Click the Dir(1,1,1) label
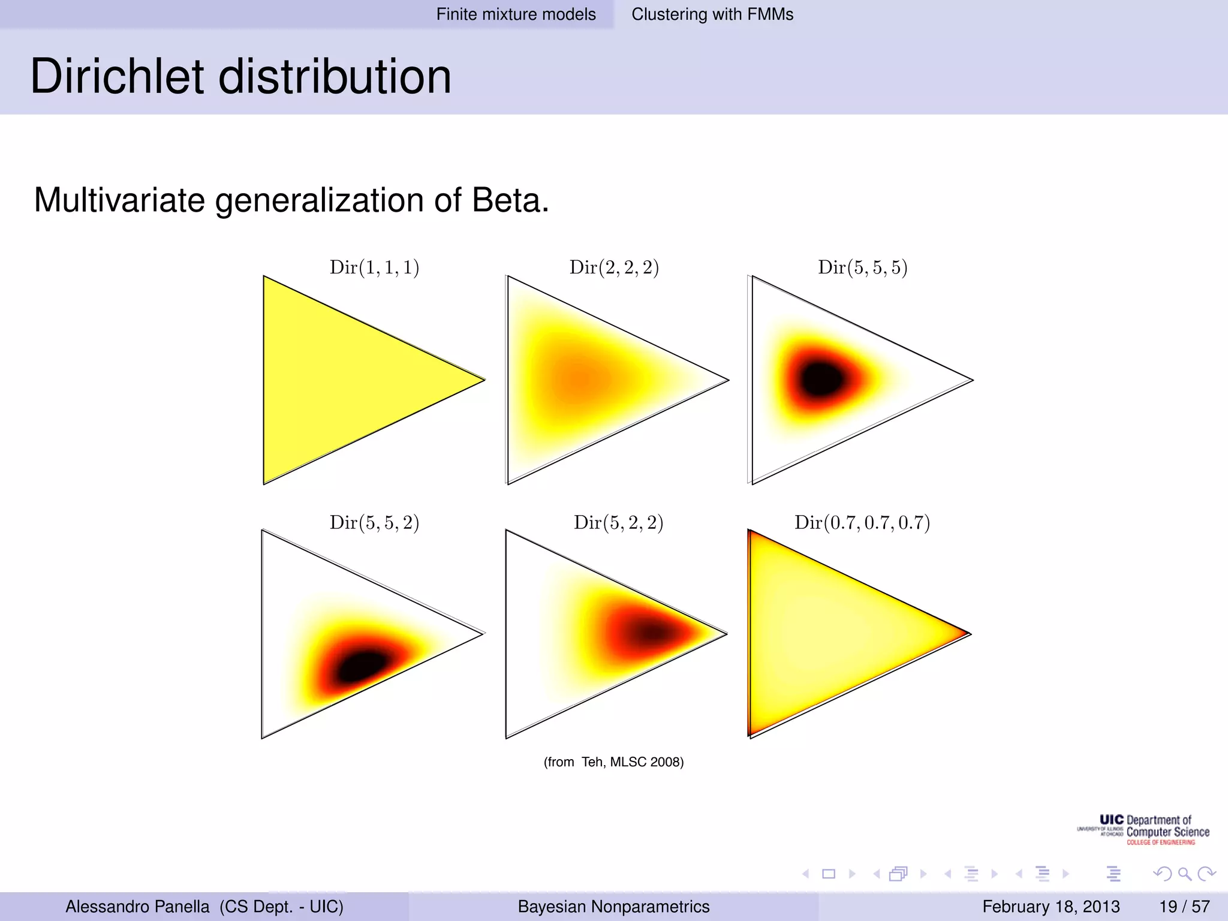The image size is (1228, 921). [x=374, y=267]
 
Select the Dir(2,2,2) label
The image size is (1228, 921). [x=614, y=267]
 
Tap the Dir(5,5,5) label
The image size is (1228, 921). [x=862, y=267]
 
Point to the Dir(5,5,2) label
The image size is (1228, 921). [x=374, y=523]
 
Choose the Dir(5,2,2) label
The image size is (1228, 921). [x=618, y=523]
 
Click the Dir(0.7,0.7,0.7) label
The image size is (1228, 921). [x=862, y=523]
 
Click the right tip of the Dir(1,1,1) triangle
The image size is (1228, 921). [x=483, y=379]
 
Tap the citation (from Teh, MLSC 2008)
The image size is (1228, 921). [x=613, y=762]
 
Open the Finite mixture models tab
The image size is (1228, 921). [x=516, y=14]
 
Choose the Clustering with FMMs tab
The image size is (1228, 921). [x=712, y=14]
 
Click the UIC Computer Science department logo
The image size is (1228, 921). [x=1144, y=830]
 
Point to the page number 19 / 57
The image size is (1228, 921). [x=1184, y=907]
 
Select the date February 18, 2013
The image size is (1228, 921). [x=1051, y=907]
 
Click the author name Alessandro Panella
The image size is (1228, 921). [x=137, y=907]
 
